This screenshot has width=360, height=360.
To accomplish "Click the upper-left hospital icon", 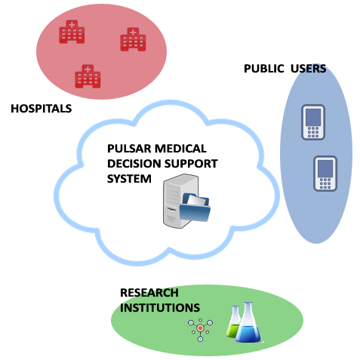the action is click(72, 32).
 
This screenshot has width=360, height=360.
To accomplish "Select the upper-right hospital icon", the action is click(133, 39).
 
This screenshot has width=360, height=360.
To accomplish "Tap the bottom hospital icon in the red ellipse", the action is click(88, 76).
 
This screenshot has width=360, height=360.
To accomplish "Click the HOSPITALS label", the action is click(42, 109).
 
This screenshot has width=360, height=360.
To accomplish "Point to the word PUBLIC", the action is click(264, 69).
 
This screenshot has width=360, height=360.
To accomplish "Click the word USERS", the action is click(308, 69).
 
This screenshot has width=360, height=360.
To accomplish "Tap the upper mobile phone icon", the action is click(313, 122).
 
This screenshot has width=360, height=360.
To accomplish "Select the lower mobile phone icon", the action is click(325, 174).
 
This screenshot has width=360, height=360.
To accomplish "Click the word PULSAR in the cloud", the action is click(129, 149).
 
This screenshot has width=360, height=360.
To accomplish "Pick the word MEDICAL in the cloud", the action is click(180, 149).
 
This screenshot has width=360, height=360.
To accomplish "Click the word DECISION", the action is click(134, 164).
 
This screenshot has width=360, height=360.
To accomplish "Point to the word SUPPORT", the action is click(191, 164).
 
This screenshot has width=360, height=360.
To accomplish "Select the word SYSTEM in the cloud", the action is click(129, 179).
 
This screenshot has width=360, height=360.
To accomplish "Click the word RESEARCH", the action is click(149, 293).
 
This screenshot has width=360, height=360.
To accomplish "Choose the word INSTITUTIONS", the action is click(160, 308).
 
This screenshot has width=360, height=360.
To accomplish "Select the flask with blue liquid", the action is click(248, 322).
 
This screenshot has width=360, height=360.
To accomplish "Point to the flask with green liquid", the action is click(233, 323).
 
